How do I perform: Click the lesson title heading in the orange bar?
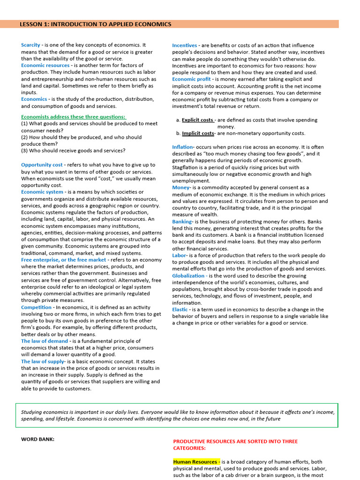pos(95,24)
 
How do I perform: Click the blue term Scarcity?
pos(30,45)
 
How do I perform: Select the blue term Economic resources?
pos(45,66)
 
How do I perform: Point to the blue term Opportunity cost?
pos(42,165)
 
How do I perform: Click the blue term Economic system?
pos(42,192)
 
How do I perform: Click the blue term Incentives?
pos(184,45)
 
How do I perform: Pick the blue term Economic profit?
pos(191,79)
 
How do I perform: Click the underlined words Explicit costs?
pos(198,120)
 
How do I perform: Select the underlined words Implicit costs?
pos(198,134)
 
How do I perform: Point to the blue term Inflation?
pos(182,147)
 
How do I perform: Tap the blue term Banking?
pos(182,222)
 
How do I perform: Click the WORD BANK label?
pos(37,439)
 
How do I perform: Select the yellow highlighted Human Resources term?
pos(195,462)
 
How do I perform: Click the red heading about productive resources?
pos(235,444)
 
